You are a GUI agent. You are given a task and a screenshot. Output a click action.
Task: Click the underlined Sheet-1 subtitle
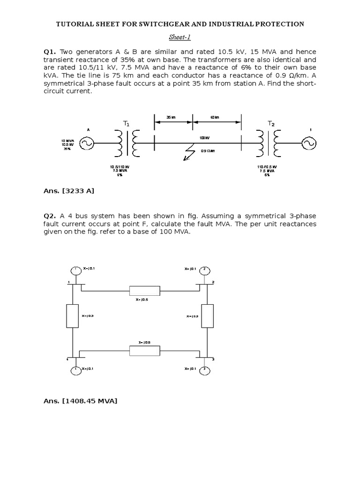point(180,37)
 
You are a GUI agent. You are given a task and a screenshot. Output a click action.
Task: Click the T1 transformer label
point(126,123)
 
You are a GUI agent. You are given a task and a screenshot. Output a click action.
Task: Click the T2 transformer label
point(271,123)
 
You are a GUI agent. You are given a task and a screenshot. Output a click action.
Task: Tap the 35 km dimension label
point(172,118)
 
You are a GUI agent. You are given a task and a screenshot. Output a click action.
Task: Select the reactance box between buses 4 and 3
point(144,351)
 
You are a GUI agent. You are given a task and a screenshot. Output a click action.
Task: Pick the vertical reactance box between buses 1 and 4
point(73,315)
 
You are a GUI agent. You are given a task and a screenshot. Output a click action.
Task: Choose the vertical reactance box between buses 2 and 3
point(207,315)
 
